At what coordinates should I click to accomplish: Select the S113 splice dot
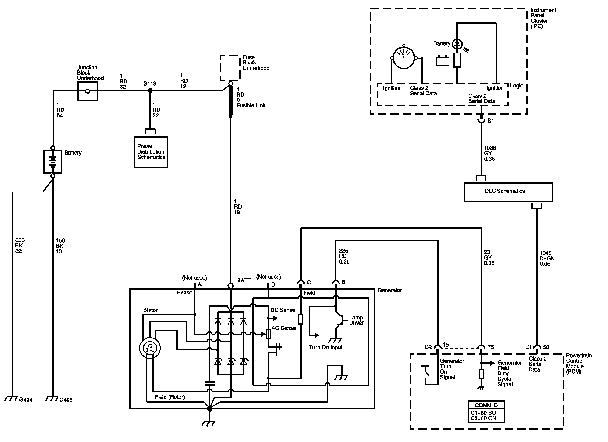pyautogui.click(x=149, y=90)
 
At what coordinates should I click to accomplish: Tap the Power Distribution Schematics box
pyautogui.click(x=151, y=152)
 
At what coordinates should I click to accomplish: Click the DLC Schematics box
pyautogui.click(x=508, y=192)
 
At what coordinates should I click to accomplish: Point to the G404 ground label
pyautogui.click(x=26, y=400)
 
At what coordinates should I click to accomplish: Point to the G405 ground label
pyautogui.click(x=66, y=400)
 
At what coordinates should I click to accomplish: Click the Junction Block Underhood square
pyautogui.click(x=88, y=91)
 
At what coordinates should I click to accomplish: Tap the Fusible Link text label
pyautogui.click(x=251, y=106)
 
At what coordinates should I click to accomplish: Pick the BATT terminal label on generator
pyautogui.click(x=244, y=280)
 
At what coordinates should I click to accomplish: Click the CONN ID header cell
pyautogui.click(x=486, y=405)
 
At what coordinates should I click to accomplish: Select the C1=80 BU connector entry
pyautogui.click(x=483, y=413)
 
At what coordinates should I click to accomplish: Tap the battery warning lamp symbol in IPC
pyautogui.click(x=457, y=44)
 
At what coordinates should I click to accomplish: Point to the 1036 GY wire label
pyautogui.click(x=490, y=153)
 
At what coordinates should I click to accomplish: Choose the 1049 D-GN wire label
pyautogui.click(x=547, y=259)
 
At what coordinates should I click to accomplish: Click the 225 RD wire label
pyautogui.click(x=344, y=256)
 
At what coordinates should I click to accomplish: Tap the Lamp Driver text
pyautogui.click(x=356, y=320)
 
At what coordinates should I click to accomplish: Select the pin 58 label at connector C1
pyautogui.click(x=546, y=347)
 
